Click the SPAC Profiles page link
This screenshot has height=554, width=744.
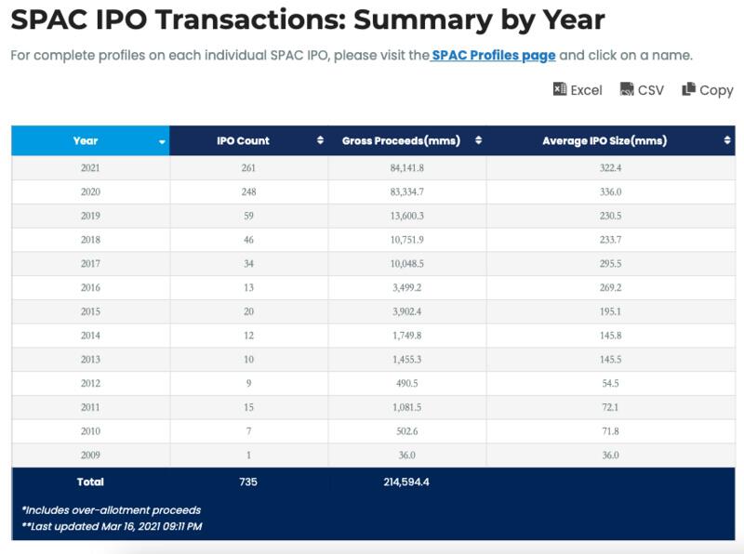click(494, 56)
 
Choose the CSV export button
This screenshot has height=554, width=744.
click(642, 89)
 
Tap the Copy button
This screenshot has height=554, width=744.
click(708, 89)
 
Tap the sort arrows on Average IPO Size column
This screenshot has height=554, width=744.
click(727, 140)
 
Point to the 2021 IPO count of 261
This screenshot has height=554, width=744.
click(248, 168)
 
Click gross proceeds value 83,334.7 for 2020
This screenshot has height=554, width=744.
click(407, 191)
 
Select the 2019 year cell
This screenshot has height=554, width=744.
click(90, 216)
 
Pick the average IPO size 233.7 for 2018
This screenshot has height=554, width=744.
click(610, 240)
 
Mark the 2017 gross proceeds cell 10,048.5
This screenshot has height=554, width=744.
click(407, 264)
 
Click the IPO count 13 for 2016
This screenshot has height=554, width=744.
click(248, 287)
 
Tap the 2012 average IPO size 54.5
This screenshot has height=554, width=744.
click(610, 383)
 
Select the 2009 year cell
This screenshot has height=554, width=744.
click(90, 455)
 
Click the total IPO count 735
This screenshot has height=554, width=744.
click(248, 481)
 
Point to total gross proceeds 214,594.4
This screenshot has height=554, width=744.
click(406, 481)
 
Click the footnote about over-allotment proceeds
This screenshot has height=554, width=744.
click(112, 510)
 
